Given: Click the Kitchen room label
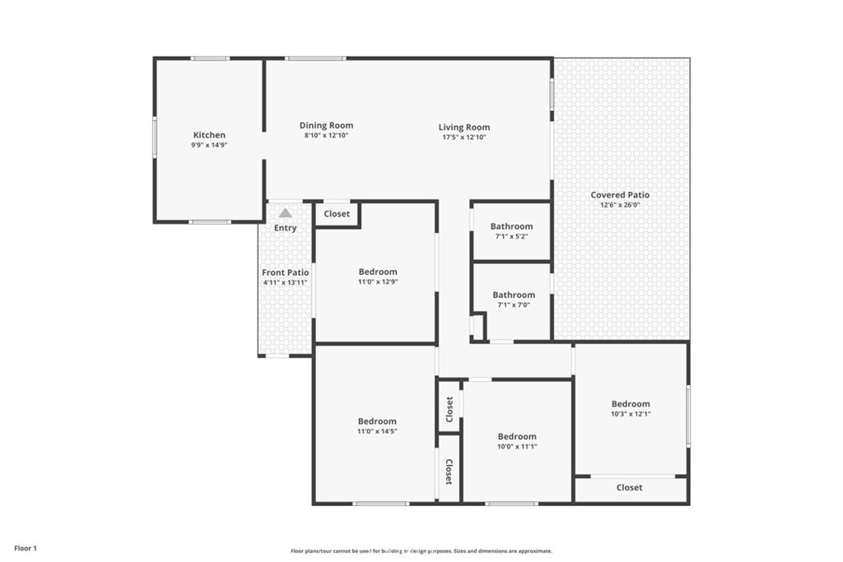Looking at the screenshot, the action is click(x=209, y=135).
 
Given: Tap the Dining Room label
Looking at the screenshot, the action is click(x=326, y=126).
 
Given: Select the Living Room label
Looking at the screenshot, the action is click(x=464, y=128).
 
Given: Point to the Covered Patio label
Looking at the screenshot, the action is click(x=620, y=195).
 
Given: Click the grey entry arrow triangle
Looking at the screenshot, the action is click(x=286, y=213).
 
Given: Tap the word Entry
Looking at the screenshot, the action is click(x=285, y=228).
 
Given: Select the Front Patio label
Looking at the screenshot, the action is click(x=285, y=272).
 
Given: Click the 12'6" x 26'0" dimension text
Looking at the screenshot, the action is click(x=620, y=205).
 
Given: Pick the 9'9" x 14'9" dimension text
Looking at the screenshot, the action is click(x=209, y=145).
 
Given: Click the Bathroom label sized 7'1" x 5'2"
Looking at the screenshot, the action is click(x=511, y=226).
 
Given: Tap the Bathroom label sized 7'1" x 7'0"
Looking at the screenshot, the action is click(x=514, y=295).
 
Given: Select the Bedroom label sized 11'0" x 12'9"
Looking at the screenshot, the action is click(x=378, y=272).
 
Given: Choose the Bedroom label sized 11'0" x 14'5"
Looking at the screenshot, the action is click(x=377, y=421).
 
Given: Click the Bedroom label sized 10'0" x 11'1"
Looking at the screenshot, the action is click(x=517, y=437).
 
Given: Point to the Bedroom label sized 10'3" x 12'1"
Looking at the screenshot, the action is click(x=631, y=404).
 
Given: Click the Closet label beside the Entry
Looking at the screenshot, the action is click(x=337, y=214).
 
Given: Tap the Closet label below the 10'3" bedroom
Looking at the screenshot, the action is click(x=629, y=488).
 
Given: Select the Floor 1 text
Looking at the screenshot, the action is click(x=26, y=549).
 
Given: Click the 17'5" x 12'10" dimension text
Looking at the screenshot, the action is click(x=464, y=137).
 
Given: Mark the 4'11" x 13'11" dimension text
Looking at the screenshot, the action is click(x=285, y=282).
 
